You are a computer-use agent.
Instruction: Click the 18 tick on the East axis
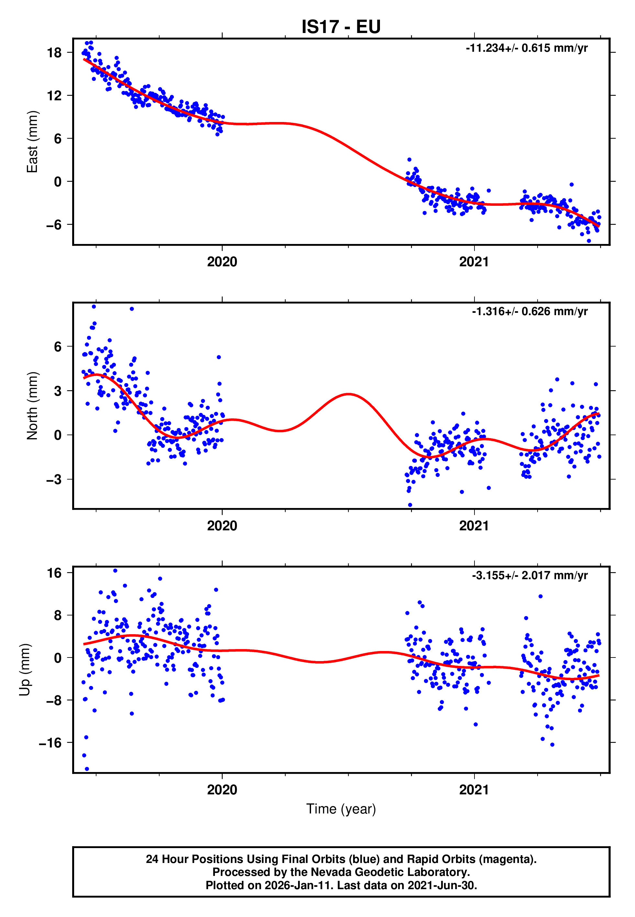[x=54, y=52]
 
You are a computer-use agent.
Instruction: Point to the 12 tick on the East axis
[x=54, y=95]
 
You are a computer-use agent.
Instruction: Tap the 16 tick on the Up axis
[x=54, y=573]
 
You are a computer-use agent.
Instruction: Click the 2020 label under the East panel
[x=222, y=262]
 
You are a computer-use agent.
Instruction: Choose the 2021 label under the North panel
[x=473, y=526]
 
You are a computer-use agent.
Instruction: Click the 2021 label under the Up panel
[x=473, y=790]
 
